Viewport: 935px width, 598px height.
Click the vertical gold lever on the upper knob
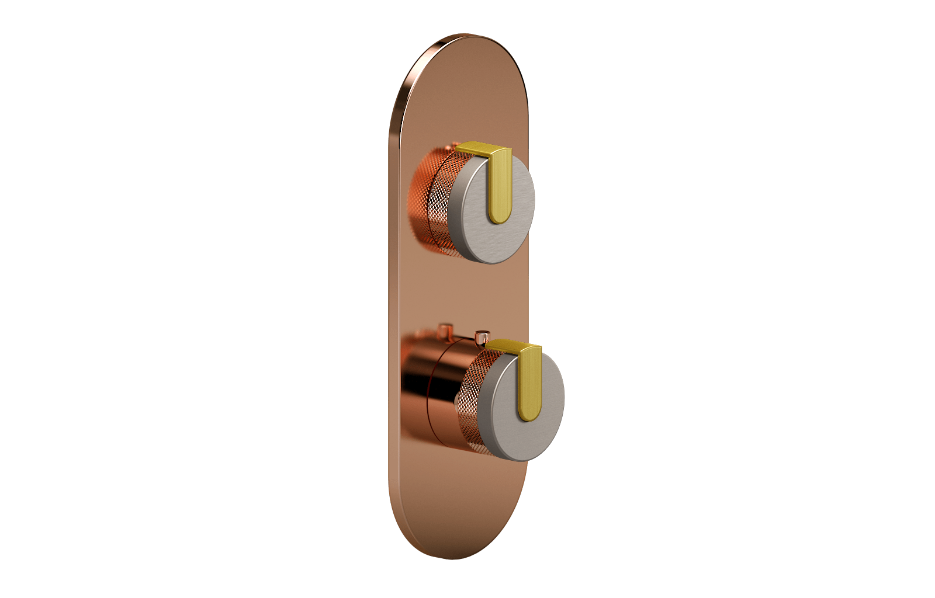pos(500,187)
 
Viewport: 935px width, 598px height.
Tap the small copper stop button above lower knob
pos(482,337)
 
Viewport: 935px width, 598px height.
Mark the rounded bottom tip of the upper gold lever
pos(498,218)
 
